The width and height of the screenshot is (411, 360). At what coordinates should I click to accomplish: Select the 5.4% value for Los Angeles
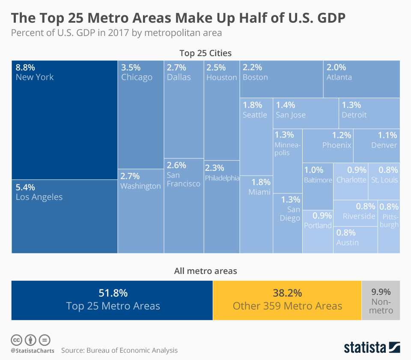point(25,187)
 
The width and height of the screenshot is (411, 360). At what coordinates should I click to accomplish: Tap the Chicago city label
point(137,77)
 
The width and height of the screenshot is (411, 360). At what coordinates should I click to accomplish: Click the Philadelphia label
point(222,178)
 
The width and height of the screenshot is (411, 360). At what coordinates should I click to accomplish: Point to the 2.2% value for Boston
point(253,67)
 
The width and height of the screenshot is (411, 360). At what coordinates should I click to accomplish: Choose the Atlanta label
point(339,77)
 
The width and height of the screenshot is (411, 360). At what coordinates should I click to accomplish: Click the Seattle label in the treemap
point(255,115)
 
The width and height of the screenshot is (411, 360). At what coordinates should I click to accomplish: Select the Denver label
point(384,145)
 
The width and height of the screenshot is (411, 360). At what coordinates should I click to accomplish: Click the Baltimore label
point(318,180)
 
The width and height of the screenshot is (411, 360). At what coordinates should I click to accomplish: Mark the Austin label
point(348,243)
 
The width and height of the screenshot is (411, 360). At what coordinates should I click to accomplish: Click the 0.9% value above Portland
point(322,215)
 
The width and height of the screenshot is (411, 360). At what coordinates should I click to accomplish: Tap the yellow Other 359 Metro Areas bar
point(287,300)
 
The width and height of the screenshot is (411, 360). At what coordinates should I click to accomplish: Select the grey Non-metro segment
point(381,300)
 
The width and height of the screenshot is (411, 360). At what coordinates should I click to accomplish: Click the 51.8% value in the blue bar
point(113,293)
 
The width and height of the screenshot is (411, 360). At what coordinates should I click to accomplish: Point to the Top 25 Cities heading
point(205,54)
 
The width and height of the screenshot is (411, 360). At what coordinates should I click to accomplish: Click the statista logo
point(372,347)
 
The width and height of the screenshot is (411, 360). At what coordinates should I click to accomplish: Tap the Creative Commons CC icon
point(16,340)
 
